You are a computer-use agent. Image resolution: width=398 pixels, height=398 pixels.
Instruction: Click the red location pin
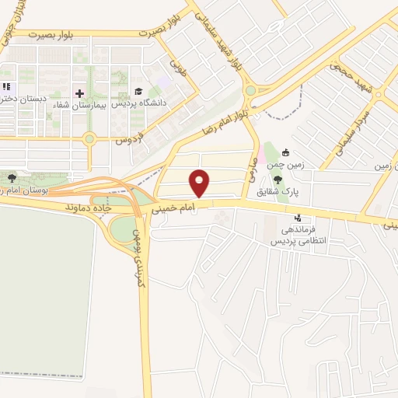(x=201, y=181)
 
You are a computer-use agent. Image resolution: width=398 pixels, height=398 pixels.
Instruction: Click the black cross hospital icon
(x=79, y=93)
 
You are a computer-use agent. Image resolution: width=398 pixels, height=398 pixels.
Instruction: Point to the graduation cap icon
(x=138, y=93)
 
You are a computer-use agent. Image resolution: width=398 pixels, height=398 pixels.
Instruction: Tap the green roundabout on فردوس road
(x=89, y=139)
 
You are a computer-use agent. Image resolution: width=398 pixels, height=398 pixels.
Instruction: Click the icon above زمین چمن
(x=286, y=152)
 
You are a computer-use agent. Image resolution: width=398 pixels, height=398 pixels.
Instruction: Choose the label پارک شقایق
(x=293, y=190)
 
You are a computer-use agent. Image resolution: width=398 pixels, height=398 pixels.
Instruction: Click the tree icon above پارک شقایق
(x=278, y=180)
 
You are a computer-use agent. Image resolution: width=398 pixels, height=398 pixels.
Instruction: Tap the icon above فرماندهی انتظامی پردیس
(x=298, y=218)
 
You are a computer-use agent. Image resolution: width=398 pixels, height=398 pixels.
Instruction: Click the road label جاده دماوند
(x=86, y=208)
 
